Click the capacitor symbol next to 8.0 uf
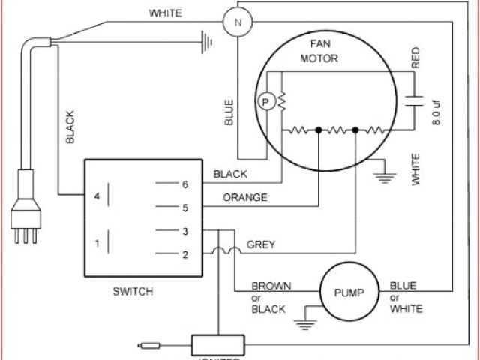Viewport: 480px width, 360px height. click(411, 101)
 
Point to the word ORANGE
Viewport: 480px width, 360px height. click(245, 198)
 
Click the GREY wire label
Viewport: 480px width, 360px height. click(261, 244)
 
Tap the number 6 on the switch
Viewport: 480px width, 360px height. click(184, 183)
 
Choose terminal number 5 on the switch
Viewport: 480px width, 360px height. click(184, 207)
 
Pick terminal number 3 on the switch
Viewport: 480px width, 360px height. click(184, 231)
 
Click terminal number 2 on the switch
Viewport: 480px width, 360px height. click(184, 255)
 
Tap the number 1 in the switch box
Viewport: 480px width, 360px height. click(95, 243)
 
